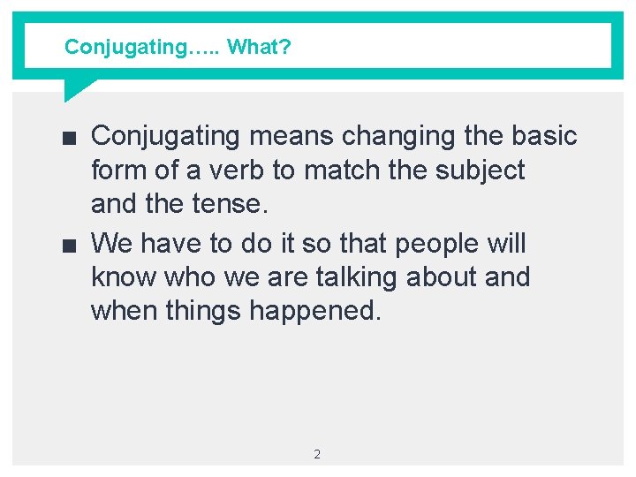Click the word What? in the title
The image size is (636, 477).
click(x=259, y=47)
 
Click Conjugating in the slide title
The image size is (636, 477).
click(x=125, y=47)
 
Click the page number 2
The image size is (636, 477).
click(x=317, y=454)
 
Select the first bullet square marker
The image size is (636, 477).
click(x=71, y=137)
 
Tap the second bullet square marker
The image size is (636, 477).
click(x=71, y=244)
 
